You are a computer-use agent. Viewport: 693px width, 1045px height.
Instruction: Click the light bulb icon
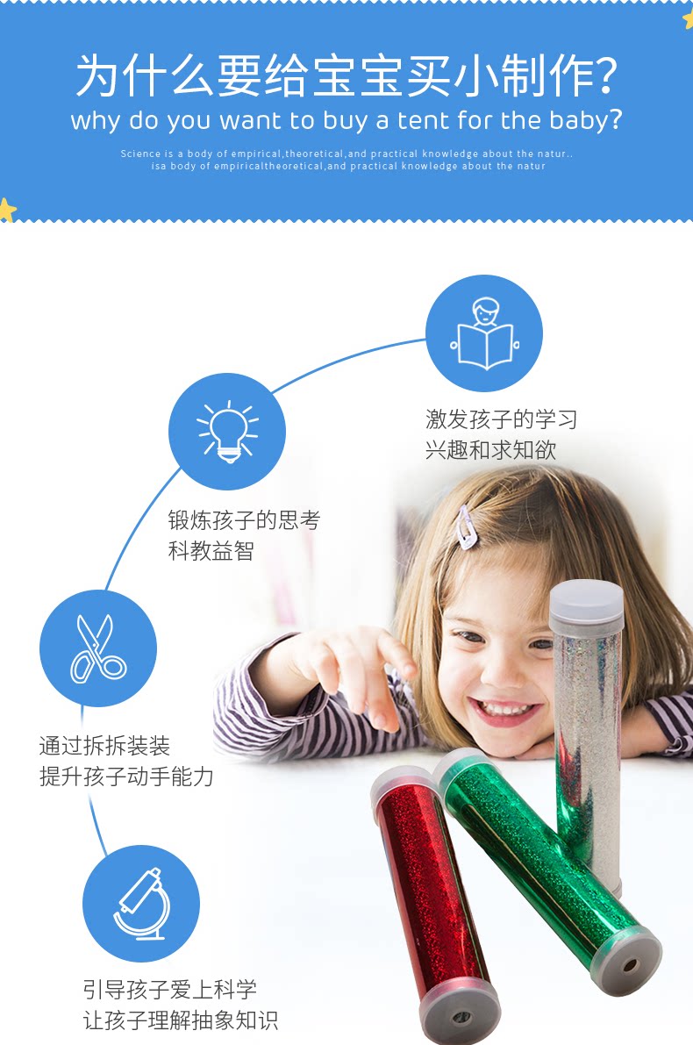click(x=227, y=432)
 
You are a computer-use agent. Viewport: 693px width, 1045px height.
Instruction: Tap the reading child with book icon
click(x=484, y=333)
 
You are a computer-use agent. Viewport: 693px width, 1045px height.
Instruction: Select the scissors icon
click(x=98, y=648)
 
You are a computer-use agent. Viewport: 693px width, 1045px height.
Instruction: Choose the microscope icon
click(x=140, y=903)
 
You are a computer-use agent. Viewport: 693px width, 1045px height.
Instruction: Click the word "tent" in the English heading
click(x=424, y=120)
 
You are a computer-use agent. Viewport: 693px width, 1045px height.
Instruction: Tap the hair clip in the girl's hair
click(x=465, y=526)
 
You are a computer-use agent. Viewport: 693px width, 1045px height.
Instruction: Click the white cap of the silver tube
click(x=586, y=603)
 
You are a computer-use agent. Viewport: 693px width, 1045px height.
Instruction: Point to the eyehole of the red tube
click(x=460, y=1017)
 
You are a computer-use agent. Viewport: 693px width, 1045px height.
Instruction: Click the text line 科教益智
click(x=211, y=550)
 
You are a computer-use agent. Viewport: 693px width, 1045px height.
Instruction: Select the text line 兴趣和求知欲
click(x=490, y=450)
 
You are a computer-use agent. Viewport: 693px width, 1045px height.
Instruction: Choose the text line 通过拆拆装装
click(x=104, y=746)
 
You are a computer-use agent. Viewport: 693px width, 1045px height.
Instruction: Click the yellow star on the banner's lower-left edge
click(x=7, y=210)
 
